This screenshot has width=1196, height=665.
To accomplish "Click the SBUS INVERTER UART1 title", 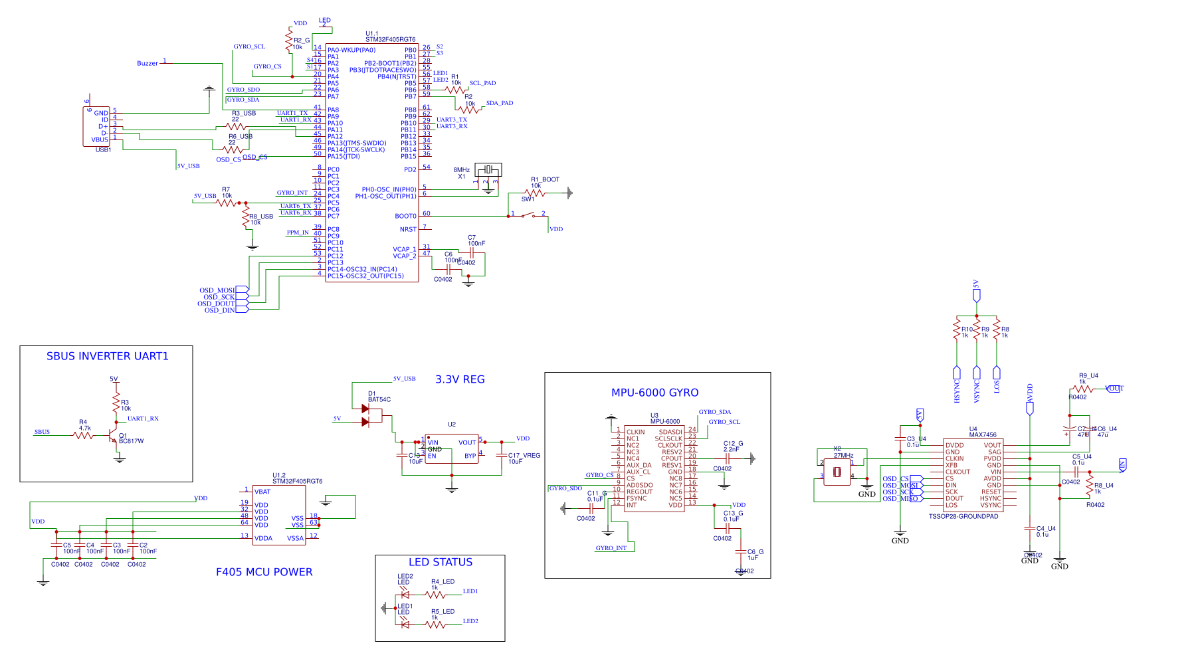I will [x=107, y=356].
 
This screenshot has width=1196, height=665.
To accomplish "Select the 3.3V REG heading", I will [x=460, y=379].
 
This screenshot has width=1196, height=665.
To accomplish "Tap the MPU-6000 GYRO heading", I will [x=654, y=393].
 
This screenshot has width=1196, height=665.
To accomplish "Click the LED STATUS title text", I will [x=440, y=562].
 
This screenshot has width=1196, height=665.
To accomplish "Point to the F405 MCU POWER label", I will [x=264, y=572].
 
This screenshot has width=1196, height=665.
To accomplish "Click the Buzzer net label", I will [x=147, y=63].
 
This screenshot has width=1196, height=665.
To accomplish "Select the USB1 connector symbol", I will [x=96, y=126].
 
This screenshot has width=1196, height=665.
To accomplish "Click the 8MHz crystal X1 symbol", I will [x=488, y=170].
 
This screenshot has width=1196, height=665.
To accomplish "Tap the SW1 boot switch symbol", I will [x=528, y=215].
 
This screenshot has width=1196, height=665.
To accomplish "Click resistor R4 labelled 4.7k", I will [x=84, y=434].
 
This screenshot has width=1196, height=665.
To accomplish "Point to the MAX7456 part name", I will [x=982, y=434].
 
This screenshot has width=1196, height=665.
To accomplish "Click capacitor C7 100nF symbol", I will [x=475, y=252].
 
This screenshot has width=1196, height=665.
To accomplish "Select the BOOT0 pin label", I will [x=405, y=216].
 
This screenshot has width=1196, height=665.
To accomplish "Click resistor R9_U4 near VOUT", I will [x=1082, y=389].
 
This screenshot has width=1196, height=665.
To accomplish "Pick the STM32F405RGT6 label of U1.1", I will [x=390, y=40].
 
